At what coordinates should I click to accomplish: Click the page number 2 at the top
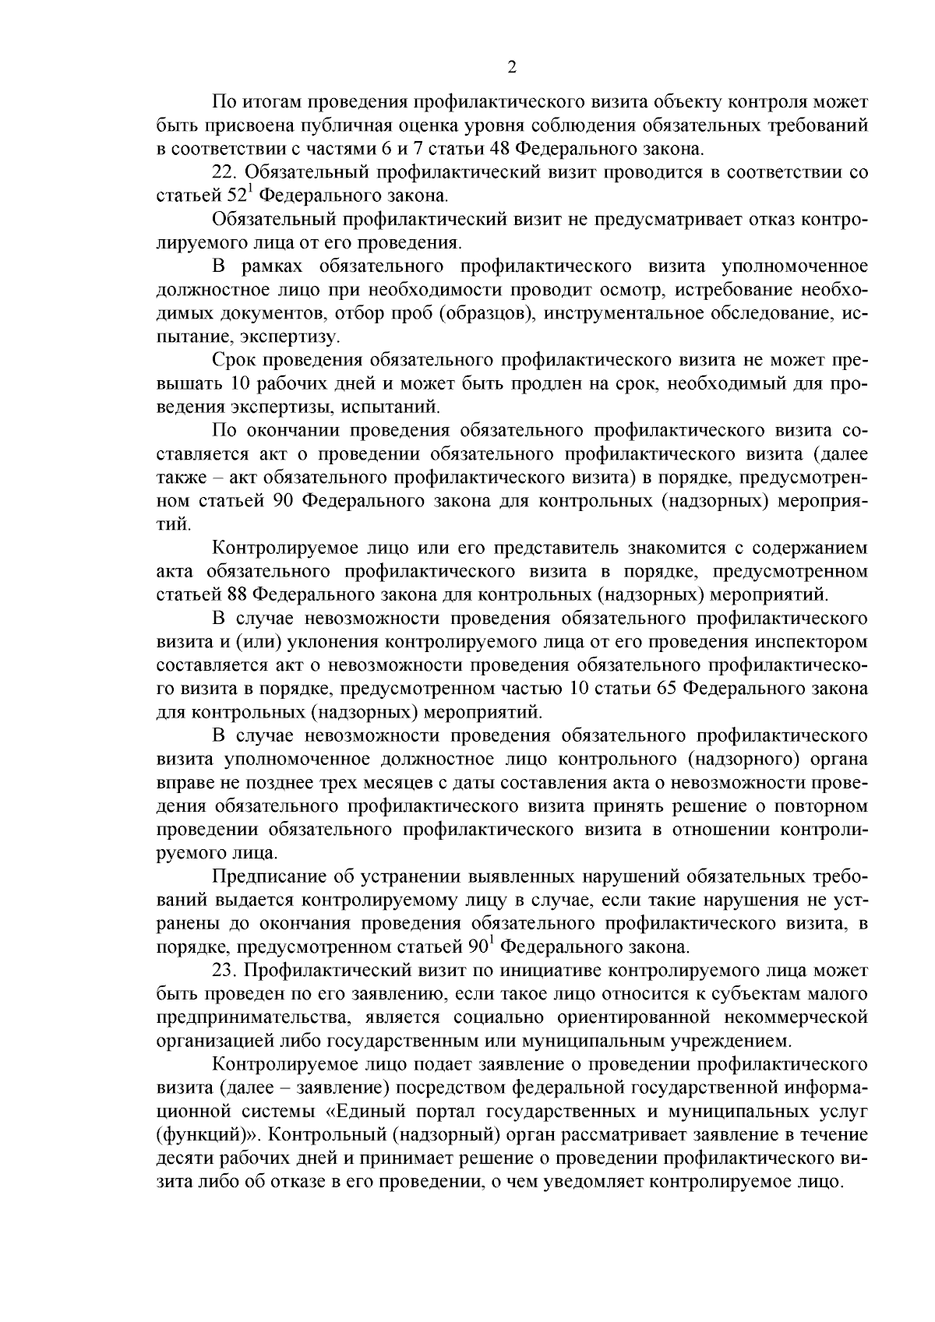coord(512,68)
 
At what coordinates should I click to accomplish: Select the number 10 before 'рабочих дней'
coord(242,384)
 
